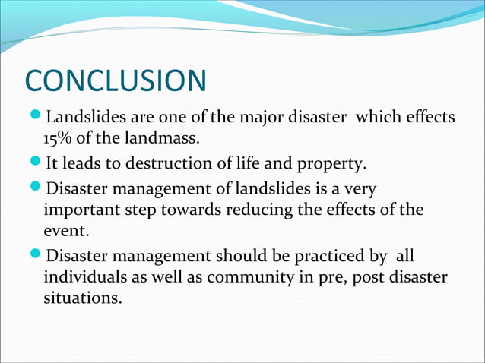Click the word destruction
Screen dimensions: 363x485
click(162, 163)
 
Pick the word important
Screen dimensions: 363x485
click(81, 210)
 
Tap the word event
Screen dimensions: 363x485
click(64, 233)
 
